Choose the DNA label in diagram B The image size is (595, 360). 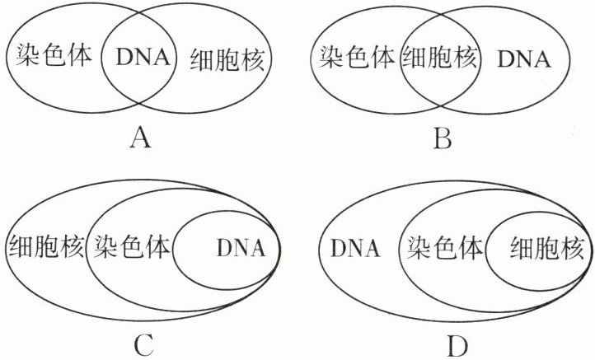point(523,59)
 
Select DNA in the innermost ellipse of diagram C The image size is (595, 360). point(240,247)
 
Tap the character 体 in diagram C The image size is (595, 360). point(158,246)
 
